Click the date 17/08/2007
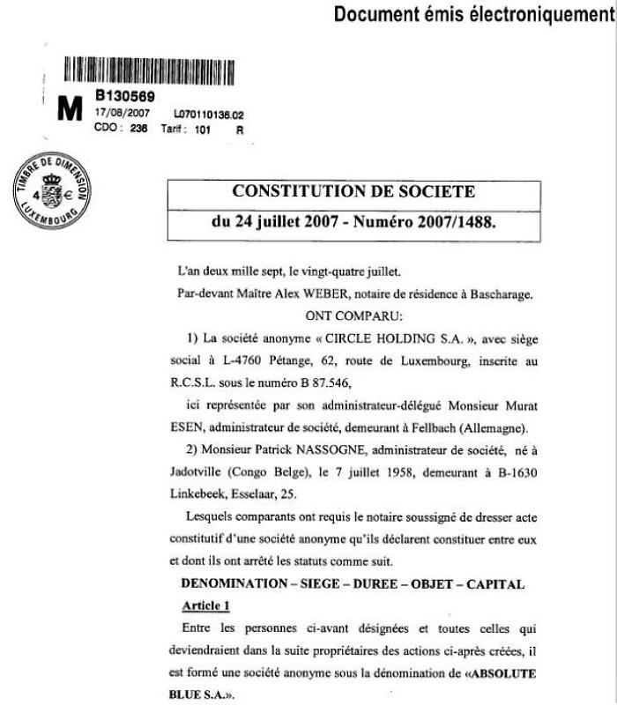pos(123,114)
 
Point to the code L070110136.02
pos(208,115)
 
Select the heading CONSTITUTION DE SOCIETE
pos(353,191)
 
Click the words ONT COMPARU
pos(353,315)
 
